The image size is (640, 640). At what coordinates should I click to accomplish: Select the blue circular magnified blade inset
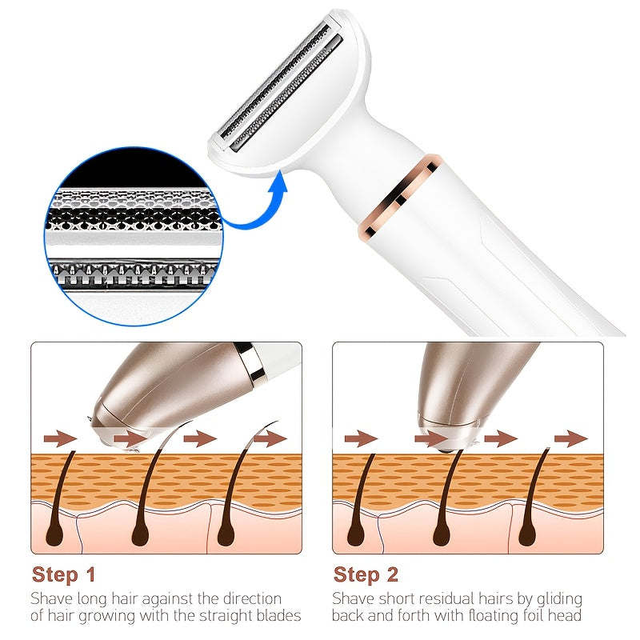[134, 236]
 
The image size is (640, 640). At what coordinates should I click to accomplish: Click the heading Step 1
[64, 574]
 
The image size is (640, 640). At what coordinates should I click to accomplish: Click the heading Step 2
[366, 574]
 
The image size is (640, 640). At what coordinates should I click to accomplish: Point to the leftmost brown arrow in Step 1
[61, 438]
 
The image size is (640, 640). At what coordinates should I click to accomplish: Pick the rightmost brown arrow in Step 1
[270, 438]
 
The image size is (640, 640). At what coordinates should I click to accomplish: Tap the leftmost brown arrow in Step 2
[362, 438]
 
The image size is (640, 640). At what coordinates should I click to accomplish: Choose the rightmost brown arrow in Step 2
[571, 438]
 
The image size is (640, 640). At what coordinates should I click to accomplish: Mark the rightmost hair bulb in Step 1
[226, 534]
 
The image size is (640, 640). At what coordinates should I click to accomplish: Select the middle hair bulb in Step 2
[442, 534]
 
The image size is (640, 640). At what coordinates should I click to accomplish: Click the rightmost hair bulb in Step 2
[527, 534]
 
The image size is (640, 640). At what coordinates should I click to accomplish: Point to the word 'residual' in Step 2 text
[446, 598]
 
